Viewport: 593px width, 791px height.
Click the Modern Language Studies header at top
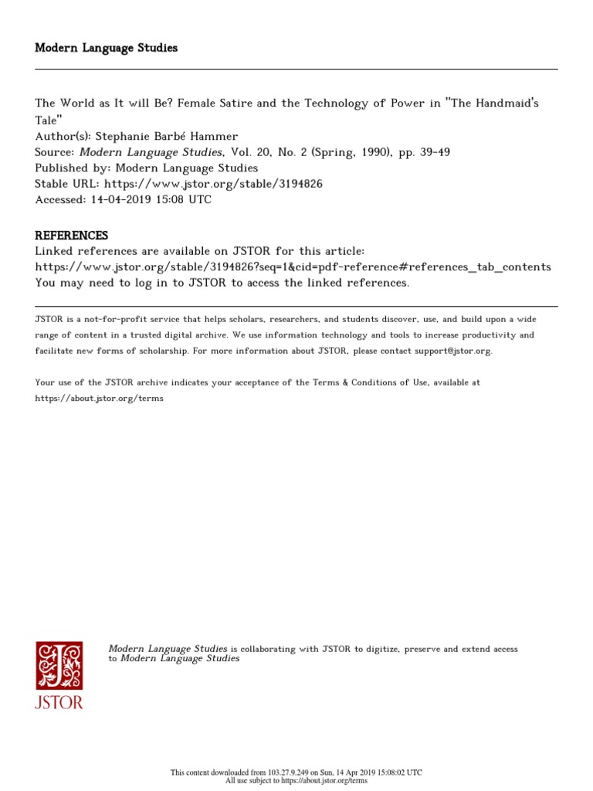tap(107, 48)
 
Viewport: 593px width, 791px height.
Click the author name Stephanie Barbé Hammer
tap(166, 137)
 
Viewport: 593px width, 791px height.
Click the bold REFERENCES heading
tap(72, 236)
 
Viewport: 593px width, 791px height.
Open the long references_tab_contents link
tap(293, 267)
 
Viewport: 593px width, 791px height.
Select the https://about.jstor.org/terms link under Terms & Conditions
tap(100, 399)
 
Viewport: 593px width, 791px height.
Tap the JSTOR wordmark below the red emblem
tap(59, 702)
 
